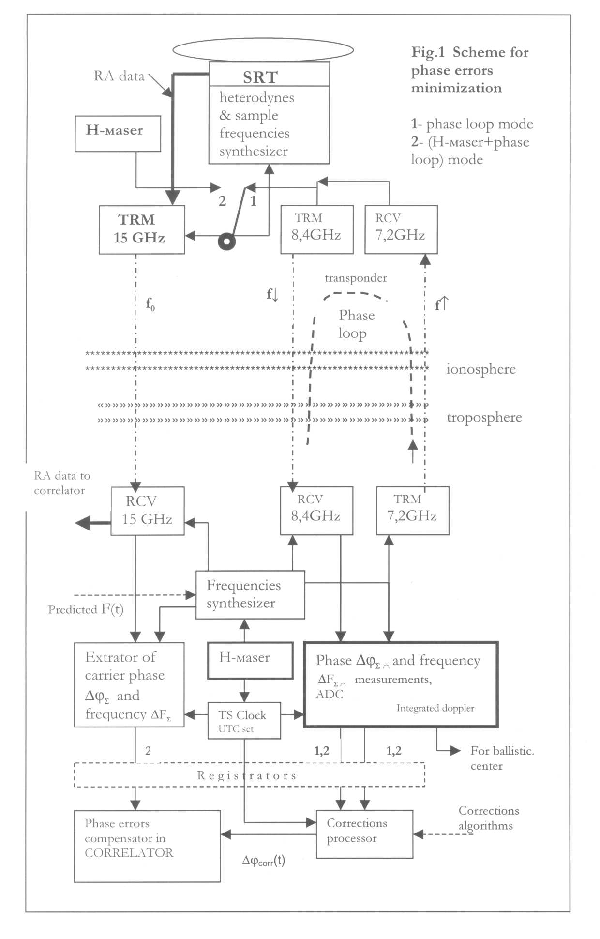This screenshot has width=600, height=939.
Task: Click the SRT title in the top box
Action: click(x=260, y=77)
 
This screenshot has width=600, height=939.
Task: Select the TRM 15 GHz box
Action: click(x=142, y=229)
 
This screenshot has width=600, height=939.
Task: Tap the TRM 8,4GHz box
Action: click(x=317, y=229)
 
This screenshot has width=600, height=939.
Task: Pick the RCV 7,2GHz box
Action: click(x=401, y=229)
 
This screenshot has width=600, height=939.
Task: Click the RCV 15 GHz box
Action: click(x=147, y=511)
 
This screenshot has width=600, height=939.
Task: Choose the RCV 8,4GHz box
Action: click(x=316, y=511)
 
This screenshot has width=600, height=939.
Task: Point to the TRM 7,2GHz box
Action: click(x=412, y=511)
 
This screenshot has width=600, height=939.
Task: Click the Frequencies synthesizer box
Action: click(x=250, y=594)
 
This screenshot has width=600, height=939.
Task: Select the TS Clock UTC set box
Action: click(x=244, y=720)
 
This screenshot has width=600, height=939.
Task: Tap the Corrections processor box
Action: click(x=364, y=833)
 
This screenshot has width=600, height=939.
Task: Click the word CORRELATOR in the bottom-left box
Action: click(x=129, y=853)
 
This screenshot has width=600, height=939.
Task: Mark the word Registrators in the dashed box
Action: click(x=247, y=775)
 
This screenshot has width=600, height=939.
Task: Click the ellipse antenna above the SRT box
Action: click(x=263, y=49)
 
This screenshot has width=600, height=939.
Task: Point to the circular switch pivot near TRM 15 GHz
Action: click(x=226, y=241)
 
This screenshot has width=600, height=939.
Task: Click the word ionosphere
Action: click(x=480, y=369)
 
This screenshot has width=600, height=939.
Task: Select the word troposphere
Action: click(x=484, y=417)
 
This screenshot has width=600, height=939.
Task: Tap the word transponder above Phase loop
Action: click(x=356, y=278)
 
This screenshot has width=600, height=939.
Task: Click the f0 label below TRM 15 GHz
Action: click(x=150, y=304)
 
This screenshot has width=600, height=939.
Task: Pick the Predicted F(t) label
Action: click(x=86, y=609)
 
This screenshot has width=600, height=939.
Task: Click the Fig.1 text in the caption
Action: click(x=428, y=52)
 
